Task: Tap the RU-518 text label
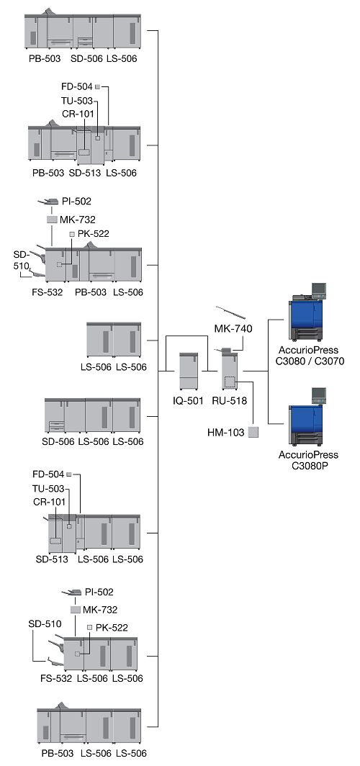point(229,401)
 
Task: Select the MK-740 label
point(233,329)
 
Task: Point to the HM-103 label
point(225,433)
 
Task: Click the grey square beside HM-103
point(253,433)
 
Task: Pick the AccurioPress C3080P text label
point(308,460)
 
